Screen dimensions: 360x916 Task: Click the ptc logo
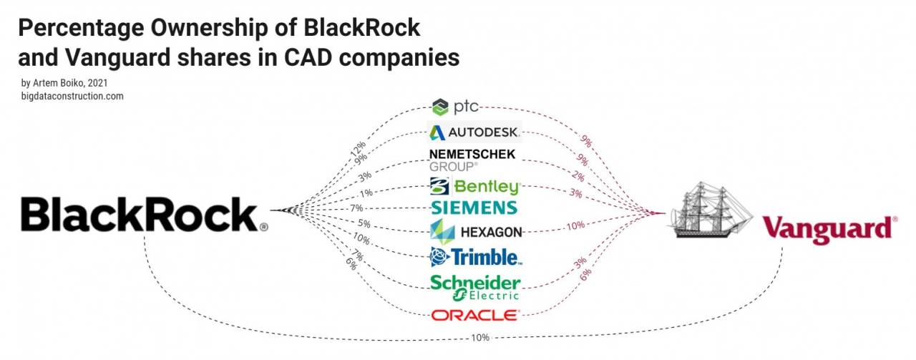(x=455, y=108)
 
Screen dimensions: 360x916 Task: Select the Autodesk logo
(x=474, y=132)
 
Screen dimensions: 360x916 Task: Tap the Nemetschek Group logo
(x=472, y=160)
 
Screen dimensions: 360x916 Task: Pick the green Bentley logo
(x=474, y=187)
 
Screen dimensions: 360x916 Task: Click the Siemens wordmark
(x=474, y=208)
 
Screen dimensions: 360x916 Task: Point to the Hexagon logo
(x=476, y=232)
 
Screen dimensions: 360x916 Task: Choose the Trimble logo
(x=474, y=256)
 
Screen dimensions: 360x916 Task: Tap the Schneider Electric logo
(x=475, y=287)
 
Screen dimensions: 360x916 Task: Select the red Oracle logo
(x=475, y=315)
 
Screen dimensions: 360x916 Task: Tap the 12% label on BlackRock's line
(x=357, y=150)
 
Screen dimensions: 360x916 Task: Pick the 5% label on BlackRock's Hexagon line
(x=364, y=223)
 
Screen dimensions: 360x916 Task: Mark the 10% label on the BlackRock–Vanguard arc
(x=481, y=338)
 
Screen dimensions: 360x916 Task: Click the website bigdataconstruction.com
(x=72, y=96)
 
